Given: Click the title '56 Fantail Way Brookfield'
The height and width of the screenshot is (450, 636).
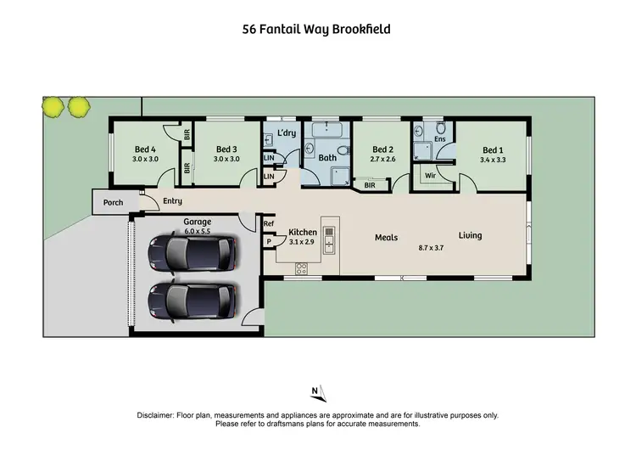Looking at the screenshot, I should click(x=316, y=29).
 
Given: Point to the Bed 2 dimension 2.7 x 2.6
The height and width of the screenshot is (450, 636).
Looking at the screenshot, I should click(x=383, y=159).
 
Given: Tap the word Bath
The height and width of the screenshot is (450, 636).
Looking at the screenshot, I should click(x=328, y=158).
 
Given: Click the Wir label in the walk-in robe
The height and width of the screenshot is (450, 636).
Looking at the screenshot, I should click(x=430, y=177).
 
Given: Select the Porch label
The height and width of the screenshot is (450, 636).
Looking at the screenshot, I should click(x=113, y=203).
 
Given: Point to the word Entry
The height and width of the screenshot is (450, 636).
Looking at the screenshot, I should click(x=172, y=201).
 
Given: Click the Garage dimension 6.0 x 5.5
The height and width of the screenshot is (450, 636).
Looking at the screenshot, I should click(x=197, y=230).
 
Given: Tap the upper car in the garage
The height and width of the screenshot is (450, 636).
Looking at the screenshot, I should click(x=191, y=252).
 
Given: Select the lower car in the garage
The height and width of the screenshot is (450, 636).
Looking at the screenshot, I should click(x=191, y=299).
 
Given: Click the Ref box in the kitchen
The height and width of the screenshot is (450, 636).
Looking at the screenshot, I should click(x=269, y=224).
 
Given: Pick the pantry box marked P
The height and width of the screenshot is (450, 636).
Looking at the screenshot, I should click(x=269, y=241).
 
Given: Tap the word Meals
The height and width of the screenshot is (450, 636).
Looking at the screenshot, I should click(x=387, y=238).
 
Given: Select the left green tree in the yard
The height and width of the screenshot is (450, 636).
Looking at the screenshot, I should click(x=54, y=106).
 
